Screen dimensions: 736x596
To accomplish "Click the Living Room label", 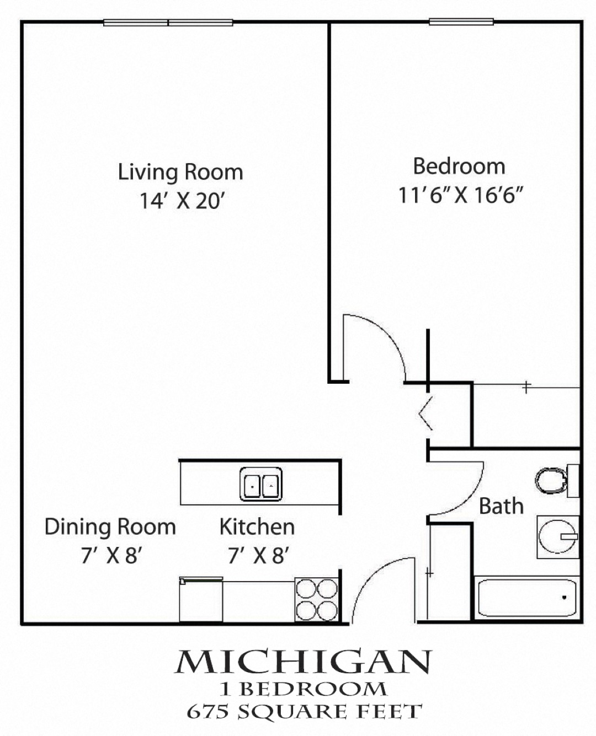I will pos(180,172).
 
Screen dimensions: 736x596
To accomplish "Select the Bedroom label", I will pos(459,166).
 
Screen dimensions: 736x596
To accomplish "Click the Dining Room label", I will pos(110,527).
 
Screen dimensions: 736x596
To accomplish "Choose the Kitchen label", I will pos(257,527).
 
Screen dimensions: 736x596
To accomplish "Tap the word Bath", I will pos(501,506).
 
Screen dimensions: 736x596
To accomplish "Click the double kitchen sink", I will pos(260,484).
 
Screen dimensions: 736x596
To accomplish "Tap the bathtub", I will pos(526,598).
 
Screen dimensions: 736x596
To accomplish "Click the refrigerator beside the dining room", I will pos(201,599).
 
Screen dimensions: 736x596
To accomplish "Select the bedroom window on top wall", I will pos(461,22).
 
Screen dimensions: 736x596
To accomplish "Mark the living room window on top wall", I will pos(168,23).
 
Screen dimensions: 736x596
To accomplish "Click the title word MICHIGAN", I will pos(304,663).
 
